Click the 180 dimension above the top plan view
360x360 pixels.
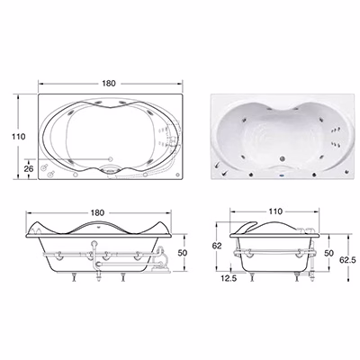coord(109,83)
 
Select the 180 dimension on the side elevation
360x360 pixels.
coord(97,212)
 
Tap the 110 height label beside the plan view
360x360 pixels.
coord(19,137)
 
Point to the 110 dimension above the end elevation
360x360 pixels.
coord(275,211)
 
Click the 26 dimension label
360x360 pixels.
coord(29,168)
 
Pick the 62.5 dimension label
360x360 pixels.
coord(347,260)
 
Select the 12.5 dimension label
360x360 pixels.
coord(229,278)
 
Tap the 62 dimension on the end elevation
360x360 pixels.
coord(217,246)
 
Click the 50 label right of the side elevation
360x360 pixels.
coord(183,253)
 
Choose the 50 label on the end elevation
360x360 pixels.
coord(328,253)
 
